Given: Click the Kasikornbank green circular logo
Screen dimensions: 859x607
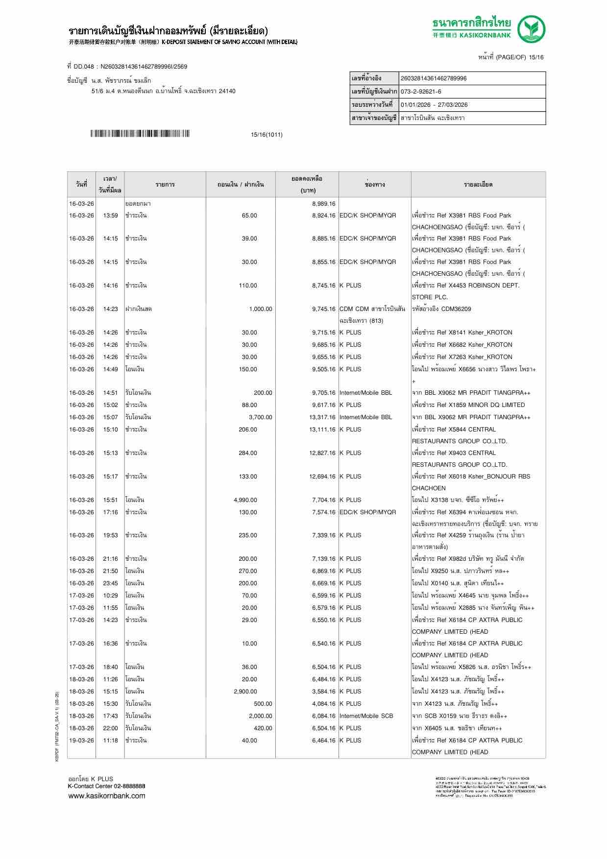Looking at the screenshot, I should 532,29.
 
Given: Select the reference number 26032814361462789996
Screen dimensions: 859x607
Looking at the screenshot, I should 434,78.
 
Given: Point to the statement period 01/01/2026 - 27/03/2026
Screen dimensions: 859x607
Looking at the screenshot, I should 434,105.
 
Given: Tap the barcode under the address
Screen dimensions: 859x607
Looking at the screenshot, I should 140,134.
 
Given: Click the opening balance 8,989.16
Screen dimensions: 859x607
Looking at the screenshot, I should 323,204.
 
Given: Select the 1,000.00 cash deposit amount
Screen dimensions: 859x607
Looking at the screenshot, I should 260,309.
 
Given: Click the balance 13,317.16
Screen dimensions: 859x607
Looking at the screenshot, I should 322,417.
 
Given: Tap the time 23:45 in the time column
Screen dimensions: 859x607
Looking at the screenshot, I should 110,583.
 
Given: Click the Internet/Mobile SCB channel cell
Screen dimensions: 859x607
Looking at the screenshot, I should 366,716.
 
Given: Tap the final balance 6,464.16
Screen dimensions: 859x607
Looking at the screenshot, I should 323,740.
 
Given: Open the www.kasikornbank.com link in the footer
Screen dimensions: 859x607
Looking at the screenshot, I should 107,796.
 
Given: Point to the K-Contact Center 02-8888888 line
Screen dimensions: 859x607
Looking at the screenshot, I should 106,786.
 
